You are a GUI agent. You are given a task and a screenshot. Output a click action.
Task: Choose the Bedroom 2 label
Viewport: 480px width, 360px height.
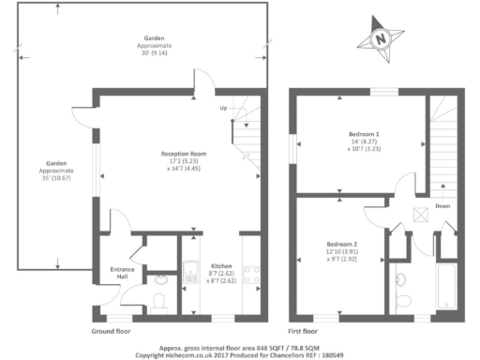(342, 248)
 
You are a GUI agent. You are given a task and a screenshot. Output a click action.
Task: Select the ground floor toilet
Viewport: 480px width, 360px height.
(159, 298)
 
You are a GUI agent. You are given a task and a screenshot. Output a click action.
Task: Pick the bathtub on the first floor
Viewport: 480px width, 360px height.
(444, 287)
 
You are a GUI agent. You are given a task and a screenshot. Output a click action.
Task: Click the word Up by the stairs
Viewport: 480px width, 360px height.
(223, 109)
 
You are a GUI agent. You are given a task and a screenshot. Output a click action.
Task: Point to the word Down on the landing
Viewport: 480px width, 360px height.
(443, 206)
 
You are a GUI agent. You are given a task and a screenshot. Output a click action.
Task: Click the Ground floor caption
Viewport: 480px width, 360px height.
(110, 331)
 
